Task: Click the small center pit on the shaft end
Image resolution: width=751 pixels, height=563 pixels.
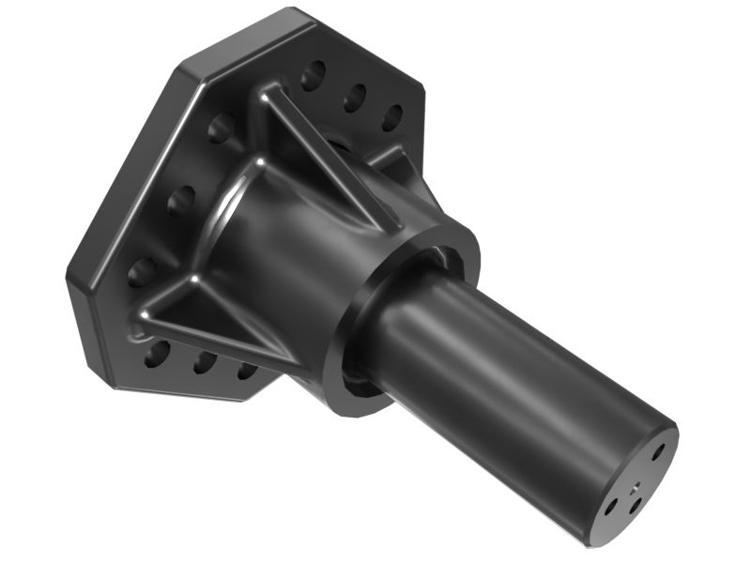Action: click(x=636, y=486)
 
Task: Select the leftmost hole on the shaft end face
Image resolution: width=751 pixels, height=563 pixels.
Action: click(x=611, y=506)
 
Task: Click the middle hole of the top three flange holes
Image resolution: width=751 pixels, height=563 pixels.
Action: click(x=355, y=96)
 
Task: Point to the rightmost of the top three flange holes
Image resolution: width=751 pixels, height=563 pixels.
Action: click(x=393, y=116)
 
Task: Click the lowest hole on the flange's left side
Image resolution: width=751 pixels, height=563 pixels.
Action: click(x=142, y=272)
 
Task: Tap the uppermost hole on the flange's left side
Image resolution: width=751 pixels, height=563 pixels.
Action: click(x=222, y=127)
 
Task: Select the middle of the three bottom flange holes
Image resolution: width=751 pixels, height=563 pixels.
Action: click(x=205, y=362)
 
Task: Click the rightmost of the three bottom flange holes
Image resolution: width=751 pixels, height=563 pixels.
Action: click(x=248, y=370)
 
